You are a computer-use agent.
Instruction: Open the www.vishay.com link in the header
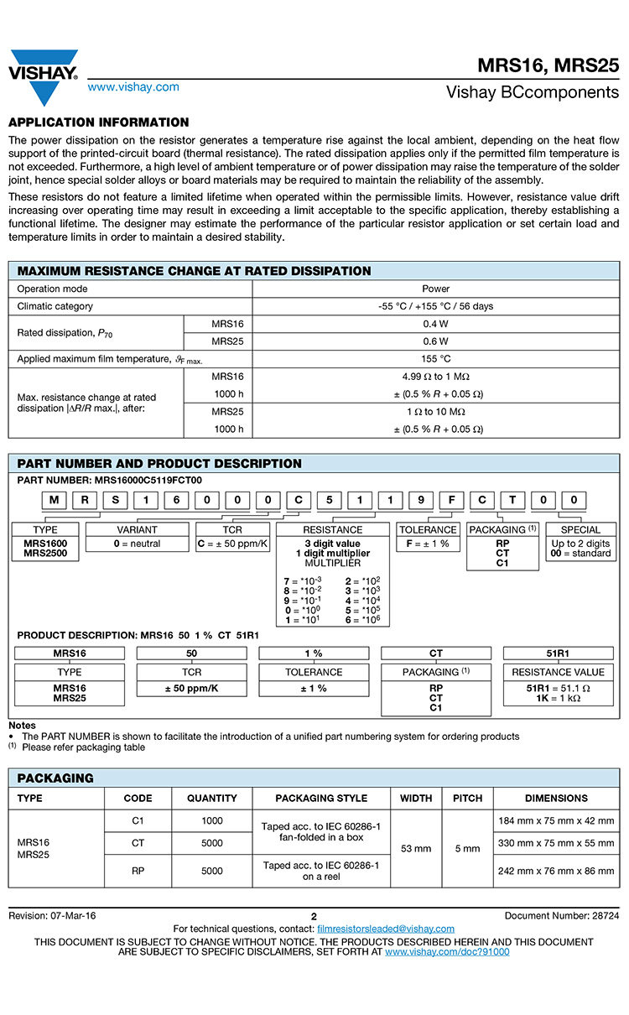tap(133, 87)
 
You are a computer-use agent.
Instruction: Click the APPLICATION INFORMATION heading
tap(98, 122)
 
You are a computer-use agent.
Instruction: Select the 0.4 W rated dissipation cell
tap(435, 324)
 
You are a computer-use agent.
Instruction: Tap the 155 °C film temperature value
tap(435, 359)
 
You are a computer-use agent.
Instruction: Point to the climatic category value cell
tap(435, 306)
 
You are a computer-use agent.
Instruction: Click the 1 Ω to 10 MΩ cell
tap(435, 412)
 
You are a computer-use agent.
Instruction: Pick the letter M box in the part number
tap(54, 501)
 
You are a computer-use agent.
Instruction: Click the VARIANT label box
tap(137, 530)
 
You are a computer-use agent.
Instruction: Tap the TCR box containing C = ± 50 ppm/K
tap(232, 544)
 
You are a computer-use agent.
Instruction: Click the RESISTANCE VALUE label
tap(558, 672)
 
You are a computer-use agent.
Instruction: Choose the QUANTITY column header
tap(211, 799)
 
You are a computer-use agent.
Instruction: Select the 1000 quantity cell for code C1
tap(211, 821)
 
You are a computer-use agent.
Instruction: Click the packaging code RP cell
tap(138, 872)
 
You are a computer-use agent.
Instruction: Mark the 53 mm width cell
tap(416, 848)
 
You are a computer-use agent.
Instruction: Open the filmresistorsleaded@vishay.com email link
tap(386, 929)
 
